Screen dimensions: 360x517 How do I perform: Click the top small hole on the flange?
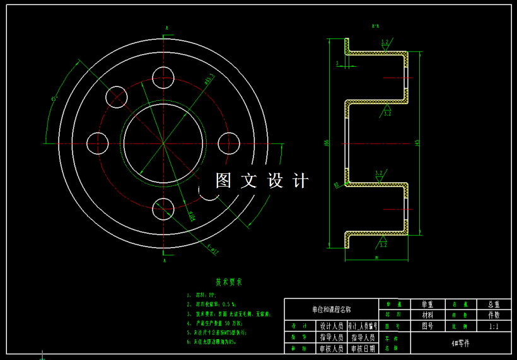click(x=163, y=77)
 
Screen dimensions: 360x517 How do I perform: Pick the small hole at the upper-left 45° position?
click(x=117, y=96)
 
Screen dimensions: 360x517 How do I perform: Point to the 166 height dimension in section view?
click(x=327, y=142)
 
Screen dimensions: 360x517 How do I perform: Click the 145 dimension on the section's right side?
click(x=417, y=142)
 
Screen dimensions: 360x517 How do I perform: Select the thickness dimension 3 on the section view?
click(x=337, y=64)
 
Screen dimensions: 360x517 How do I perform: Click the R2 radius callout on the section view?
click(x=336, y=185)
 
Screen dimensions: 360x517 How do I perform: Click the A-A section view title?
click(x=375, y=26)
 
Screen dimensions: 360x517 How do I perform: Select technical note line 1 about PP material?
click(x=202, y=295)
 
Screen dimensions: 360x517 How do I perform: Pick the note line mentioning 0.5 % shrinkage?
click(x=211, y=304)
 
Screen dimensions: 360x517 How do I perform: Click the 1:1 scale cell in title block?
click(x=494, y=327)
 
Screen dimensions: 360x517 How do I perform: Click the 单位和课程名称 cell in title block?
click(x=331, y=310)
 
